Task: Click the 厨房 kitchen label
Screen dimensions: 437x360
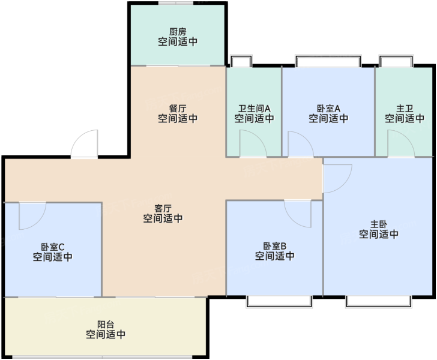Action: (178, 32)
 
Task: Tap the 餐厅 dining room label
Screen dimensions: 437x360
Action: (178, 109)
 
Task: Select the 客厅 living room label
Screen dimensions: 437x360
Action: (163, 208)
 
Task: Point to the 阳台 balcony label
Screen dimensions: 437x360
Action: (106, 325)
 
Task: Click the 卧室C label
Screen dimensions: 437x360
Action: (53, 247)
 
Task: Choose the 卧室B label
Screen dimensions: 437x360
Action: (275, 246)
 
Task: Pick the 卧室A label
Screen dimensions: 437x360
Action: (328, 109)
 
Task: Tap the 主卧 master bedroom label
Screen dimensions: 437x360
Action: (379, 224)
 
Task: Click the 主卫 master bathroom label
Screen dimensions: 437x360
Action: (405, 109)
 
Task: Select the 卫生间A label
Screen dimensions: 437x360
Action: (254, 109)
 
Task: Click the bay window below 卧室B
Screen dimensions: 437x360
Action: (279, 302)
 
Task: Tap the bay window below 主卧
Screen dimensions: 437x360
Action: (378, 302)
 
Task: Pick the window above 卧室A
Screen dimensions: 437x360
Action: (328, 61)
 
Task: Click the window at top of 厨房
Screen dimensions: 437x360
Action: (176, 3)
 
